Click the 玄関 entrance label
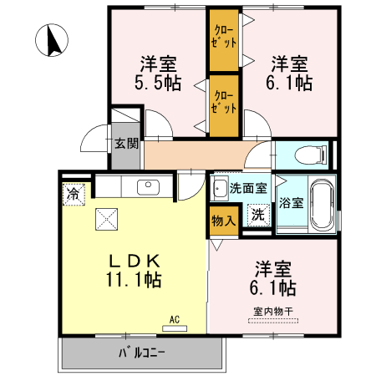click(126, 143)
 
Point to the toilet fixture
click(311, 155)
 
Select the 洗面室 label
click(248, 189)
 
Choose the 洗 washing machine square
click(258, 214)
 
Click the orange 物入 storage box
click(222, 220)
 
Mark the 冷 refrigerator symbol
click(74, 194)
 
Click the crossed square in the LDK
click(107, 220)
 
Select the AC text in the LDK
click(175, 319)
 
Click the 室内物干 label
click(273, 312)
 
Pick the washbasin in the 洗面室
click(219, 188)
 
